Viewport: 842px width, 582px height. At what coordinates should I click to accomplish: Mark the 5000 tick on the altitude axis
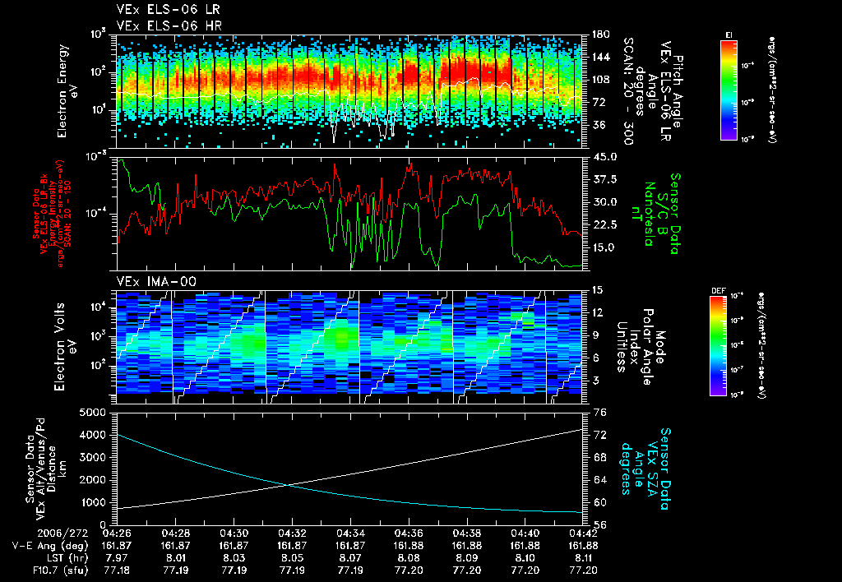tap(95, 412)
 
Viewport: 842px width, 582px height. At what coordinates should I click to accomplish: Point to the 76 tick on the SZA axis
tap(599, 413)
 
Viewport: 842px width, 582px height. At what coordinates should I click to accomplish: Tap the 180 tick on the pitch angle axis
tap(599, 35)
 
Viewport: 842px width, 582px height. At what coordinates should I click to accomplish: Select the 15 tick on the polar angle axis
tap(597, 289)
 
